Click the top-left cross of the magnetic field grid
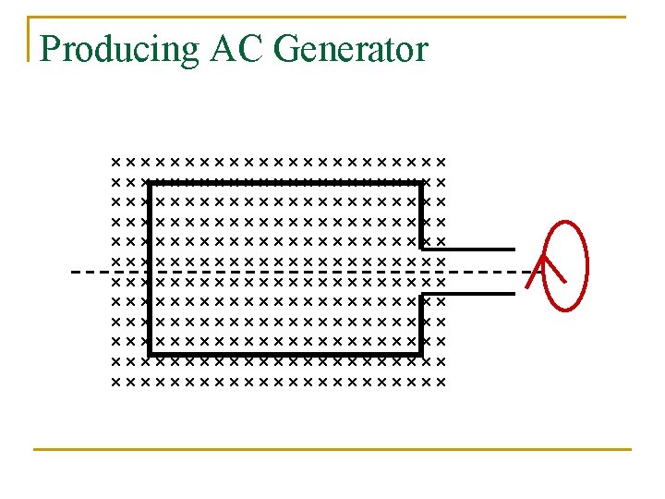pyautogui.click(x=115, y=161)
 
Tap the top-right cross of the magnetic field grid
pyautogui.click(x=441, y=161)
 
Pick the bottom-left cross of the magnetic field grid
pyautogui.click(x=115, y=382)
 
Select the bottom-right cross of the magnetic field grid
pyautogui.click(x=441, y=382)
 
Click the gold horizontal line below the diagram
pyautogui.click(x=332, y=449)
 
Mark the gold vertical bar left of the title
pyautogui.click(x=29, y=39)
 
